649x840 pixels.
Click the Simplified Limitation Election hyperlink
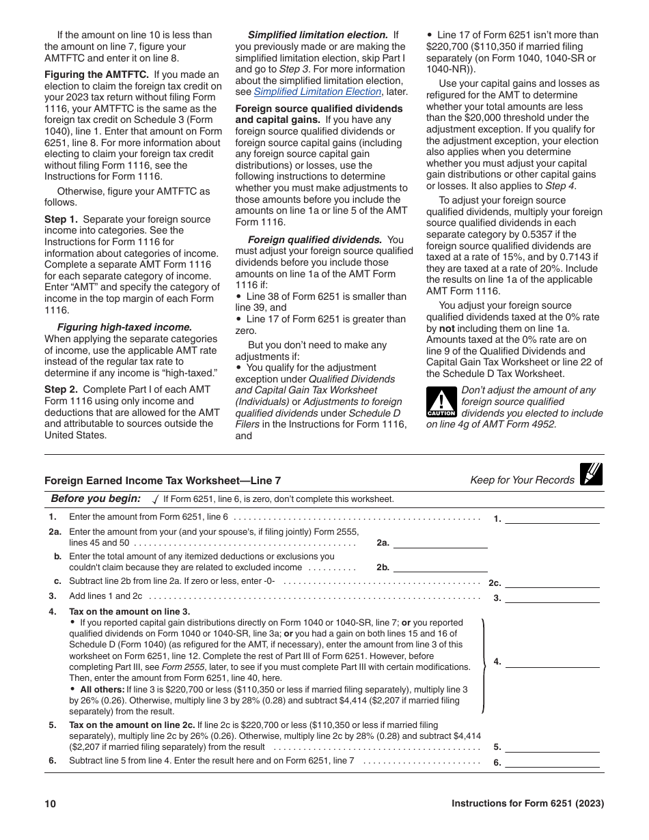point(317,92)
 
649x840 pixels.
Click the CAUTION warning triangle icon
point(441,402)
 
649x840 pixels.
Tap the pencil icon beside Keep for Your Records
point(591,474)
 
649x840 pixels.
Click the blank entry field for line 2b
point(440,567)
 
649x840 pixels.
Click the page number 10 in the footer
point(50,804)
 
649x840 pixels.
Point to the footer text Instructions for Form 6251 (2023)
point(527,804)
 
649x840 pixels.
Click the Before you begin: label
point(96,499)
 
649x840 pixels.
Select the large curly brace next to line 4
point(484,665)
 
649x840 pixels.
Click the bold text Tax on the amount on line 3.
point(130,611)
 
